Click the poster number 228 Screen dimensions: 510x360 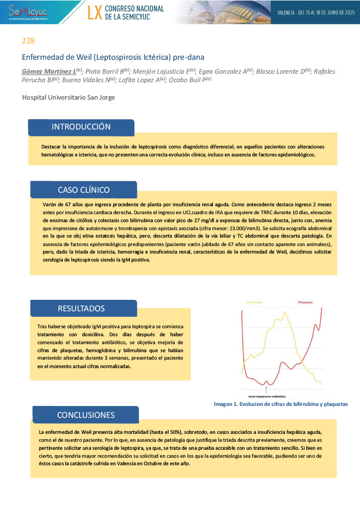(28, 41)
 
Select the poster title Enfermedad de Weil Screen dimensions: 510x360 (113, 57)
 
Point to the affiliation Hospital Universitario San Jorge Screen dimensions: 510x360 (68, 97)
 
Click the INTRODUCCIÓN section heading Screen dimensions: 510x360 (81, 127)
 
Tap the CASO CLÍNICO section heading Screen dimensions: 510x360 (84, 190)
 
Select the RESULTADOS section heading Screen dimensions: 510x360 (81, 308)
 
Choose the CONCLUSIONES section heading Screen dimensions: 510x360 (86, 415)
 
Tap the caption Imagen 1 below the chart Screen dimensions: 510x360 (280, 404)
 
